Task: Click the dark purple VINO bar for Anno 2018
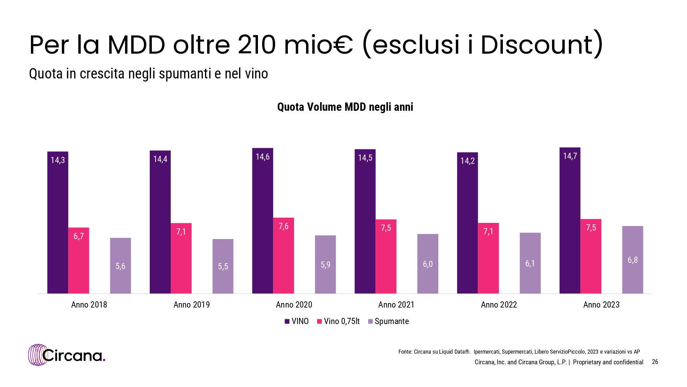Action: [58, 224]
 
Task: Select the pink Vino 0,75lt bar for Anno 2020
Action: [283, 256]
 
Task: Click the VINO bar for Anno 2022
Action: [467, 224]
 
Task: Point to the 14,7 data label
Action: [570, 156]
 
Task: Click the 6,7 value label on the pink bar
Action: [79, 236]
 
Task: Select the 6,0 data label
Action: [428, 264]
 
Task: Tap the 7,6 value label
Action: [283, 226]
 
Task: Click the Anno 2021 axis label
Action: [396, 305]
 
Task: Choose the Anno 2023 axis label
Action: [601, 305]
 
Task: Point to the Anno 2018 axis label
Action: [89, 305]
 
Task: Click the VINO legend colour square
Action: [287, 322]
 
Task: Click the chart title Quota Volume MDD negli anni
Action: [345, 107]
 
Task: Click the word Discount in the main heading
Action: [537, 45]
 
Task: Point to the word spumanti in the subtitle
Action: [185, 74]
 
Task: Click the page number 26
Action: [655, 362]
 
